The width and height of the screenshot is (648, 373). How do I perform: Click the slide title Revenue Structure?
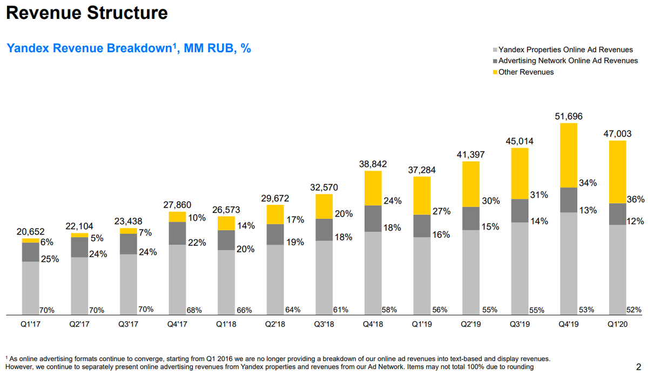tap(87, 13)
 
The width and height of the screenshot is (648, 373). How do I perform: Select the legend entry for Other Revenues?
tap(525, 72)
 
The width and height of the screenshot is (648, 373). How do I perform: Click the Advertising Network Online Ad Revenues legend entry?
tap(568, 61)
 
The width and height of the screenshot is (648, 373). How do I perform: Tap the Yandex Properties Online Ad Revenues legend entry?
tap(565, 50)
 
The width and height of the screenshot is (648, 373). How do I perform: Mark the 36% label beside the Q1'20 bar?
tap(635, 199)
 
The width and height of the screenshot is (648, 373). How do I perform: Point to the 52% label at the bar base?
tap(634, 310)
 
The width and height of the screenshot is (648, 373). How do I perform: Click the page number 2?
tap(639, 366)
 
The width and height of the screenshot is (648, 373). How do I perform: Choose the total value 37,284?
tap(422, 170)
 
